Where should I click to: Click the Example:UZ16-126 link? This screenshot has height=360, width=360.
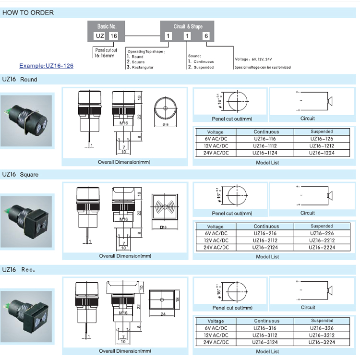(x=46, y=66)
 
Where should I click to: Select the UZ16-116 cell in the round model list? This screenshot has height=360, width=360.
(x=266, y=139)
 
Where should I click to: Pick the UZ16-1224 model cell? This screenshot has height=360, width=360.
(x=322, y=153)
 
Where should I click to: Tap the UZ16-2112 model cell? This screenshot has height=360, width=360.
(x=266, y=240)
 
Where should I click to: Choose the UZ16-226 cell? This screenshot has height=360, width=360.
(x=322, y=233)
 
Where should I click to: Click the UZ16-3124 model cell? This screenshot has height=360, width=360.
(x=266, y=342)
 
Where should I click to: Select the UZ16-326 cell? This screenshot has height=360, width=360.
(x=322, y=328)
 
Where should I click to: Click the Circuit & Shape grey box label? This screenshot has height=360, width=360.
(x=188, y=26)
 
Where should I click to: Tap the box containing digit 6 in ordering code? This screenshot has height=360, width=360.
(x=206, y=36)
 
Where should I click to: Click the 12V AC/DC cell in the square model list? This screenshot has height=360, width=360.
(x=215, y=240)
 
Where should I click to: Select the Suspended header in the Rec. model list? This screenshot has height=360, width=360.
(x=322, y=321)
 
